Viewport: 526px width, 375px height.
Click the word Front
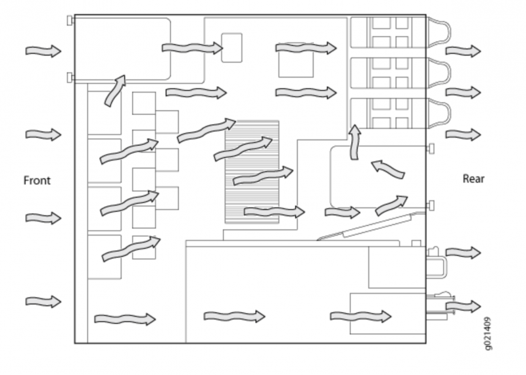click(x=37, y=180)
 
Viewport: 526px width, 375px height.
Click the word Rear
click(x=473, y=178)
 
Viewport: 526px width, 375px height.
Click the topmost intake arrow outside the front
click(x=43, y=51)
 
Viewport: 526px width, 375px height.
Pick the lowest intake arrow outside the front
click(x=43, y=301)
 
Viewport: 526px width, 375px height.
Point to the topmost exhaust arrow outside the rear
click(x=463, y=51)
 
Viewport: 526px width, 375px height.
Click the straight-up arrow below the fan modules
click(x=354, y=143)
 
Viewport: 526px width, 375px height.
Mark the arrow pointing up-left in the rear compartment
click(x=388, y=168)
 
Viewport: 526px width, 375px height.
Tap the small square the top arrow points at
click(x=231, y=47)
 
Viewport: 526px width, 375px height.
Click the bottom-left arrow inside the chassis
click(x=125, y=319)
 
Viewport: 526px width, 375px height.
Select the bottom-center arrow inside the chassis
click(x=235, y=317)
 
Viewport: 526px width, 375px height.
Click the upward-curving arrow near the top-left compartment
click(x=115, y=91)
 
